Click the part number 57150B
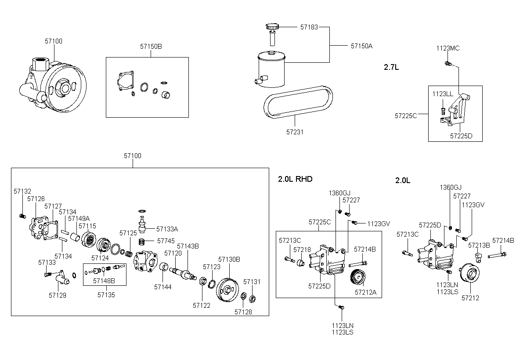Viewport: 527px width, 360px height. click(x=151, y=47)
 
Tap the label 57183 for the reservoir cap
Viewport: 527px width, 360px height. click(x=309, y=27)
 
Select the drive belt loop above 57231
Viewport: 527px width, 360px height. click(x=298, y=102)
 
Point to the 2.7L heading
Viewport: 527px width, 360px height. click(x=391, y=67)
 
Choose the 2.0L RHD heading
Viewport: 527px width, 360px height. click(x=295, y=179)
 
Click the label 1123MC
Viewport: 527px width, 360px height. click(x=448, y=48)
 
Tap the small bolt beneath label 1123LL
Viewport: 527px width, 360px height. click(x=443, y=111)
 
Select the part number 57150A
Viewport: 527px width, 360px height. click(x=361, y=46)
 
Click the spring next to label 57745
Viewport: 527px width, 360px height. click(x=142, y=241)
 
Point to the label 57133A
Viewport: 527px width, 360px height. click(x=167, y=229)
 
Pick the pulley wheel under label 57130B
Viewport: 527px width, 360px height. click(x=227, y=290)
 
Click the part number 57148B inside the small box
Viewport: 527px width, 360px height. click(x=104, y=281)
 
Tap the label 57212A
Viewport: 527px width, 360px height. click(x=365, y=292)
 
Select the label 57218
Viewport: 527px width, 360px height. click(x=302, y=249)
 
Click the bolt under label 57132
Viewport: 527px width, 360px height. click(x=22, y=216)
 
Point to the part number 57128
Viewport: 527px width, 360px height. click(x=243, y=312)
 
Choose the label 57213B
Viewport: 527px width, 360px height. click(x=479, y=245)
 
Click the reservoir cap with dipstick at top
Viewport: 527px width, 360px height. click(x=272, y=34)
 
